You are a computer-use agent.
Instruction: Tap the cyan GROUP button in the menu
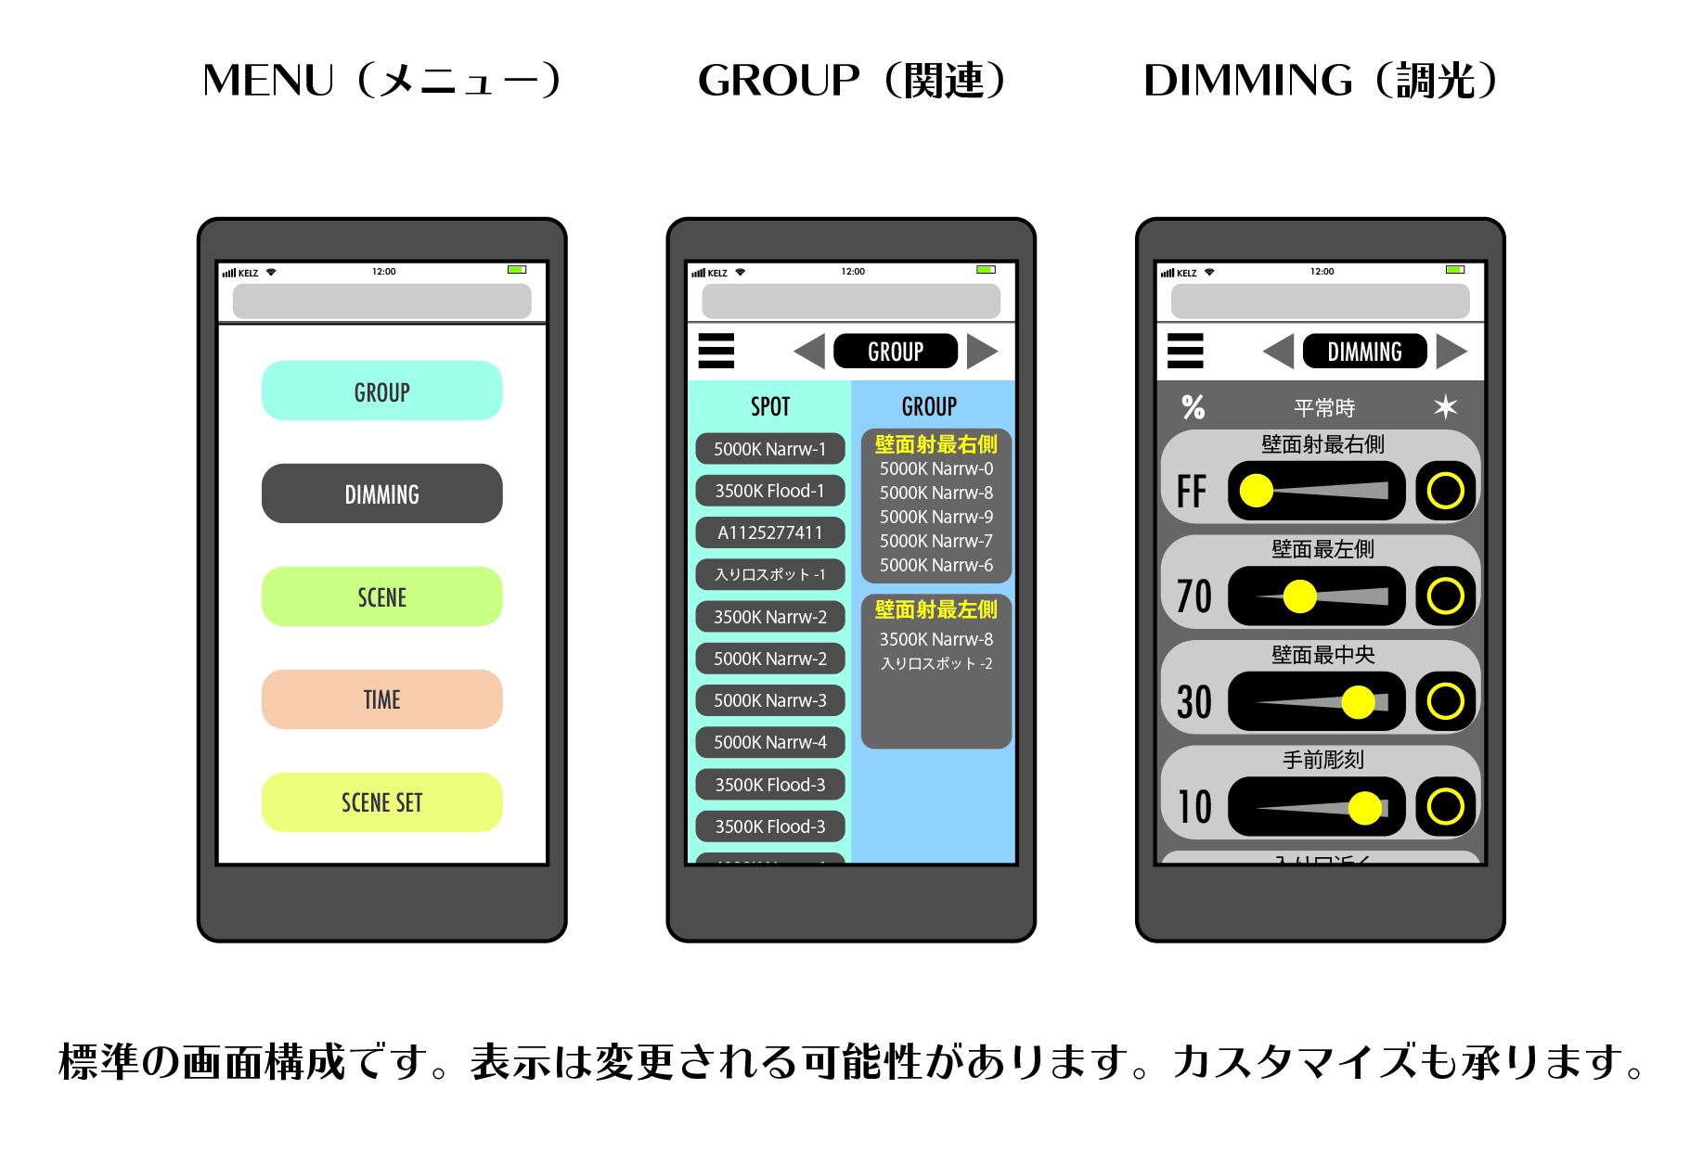pyautogui.click(x=381, y=391)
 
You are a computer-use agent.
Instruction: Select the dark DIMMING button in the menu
pyautogui.click(x=381, y=493)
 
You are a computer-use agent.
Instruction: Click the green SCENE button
pyautogui.click(x=381, y=596)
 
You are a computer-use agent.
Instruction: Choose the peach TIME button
pyautogui.click(x=381, y=699)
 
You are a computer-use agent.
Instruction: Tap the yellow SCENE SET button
pyautogui.click(x=381, y=802)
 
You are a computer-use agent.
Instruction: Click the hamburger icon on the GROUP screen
pyautogui.click(x=716, y=351)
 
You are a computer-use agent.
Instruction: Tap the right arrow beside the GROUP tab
pyautogui.click(x=982, y=352)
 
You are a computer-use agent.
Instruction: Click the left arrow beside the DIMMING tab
pyautogui.click(x=1279, y=352)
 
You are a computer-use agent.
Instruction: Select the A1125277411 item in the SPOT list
pyautogui.click(x=769, y=532)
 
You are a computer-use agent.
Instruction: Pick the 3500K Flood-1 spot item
pyautogui.click(x=769, y=491)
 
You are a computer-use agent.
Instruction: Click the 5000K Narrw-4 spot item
pyautogui.click(x=769, y=742)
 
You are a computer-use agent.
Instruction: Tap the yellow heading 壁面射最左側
pyautogui.click(x=935, y=609)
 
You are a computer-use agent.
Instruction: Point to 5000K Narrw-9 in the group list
pyautogui.click(x=935, y=517)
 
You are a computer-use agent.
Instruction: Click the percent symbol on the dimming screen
pyautogui.click(x=1193, y=406)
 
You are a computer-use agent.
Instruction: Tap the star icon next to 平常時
pyautogui.click(x=1445, y=406)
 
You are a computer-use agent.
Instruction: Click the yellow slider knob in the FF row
pyautogui.click(x=1257, y=491)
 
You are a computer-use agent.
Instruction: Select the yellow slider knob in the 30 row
pyautogui.click(x=1358, y=702)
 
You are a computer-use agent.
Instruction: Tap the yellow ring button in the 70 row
pyautogui.click(x=1445, y=596)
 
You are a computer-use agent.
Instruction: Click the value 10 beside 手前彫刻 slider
pyautogui.click(x=1194, y=807)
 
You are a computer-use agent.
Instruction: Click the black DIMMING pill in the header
pyautogui.click(x=1364, y=352)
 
